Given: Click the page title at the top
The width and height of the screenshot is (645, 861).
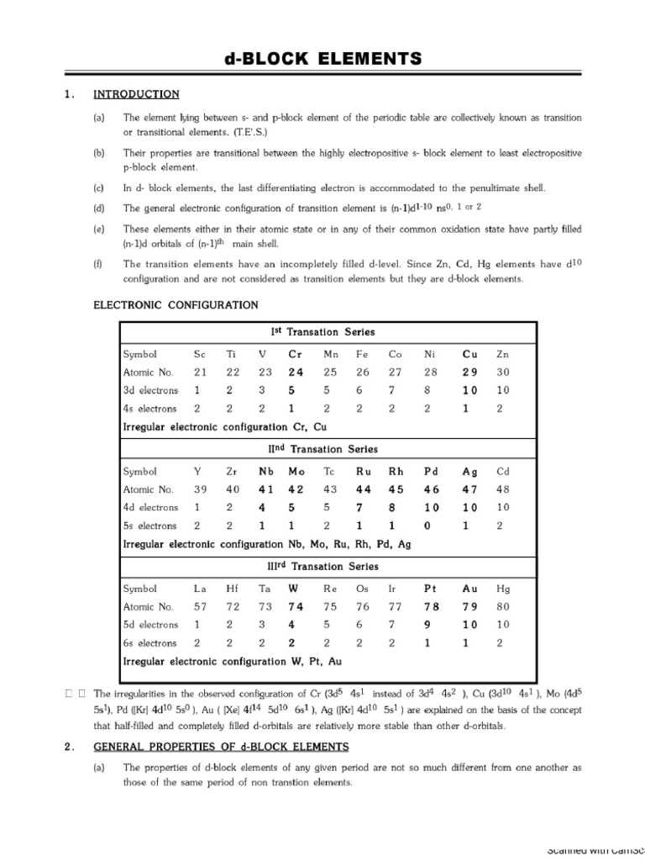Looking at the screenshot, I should (322, 58).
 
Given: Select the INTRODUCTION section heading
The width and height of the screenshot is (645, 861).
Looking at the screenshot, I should (135, 94).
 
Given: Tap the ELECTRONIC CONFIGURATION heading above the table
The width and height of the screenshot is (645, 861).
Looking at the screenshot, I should (175, 304).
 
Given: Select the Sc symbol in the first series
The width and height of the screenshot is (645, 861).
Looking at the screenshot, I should (199, 355).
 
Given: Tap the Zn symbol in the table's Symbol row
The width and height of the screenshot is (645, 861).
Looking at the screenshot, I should (502, 355).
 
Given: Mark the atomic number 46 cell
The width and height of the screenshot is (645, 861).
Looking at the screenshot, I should (430, 489).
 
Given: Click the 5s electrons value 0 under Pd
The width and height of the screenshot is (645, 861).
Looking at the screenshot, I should (428, 526).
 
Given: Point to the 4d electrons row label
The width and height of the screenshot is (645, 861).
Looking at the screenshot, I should (150, 508).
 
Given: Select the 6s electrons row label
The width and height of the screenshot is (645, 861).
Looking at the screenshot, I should (150, 643).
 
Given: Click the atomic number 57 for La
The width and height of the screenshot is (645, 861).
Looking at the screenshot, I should (200, 607).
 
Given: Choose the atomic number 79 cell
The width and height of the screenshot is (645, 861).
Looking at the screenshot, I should (469, 607).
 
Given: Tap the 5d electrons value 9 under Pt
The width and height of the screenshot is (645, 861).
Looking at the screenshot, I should (428, 625).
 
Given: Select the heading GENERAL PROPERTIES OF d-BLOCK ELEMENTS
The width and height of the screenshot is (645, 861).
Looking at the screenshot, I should (221, 747).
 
